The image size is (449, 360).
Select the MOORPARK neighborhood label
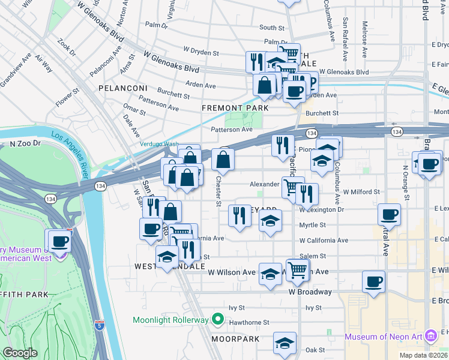pyautogui.click(x=235, y=339)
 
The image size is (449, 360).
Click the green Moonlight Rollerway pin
pyautogui.click(x=219, y=320)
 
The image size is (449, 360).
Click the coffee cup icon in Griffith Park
pyautogui.click(x=59, y=241)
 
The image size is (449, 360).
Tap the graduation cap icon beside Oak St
pyautogui.click(x=285, y=343)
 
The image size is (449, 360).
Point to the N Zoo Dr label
pyautogui.click(x=25, y=144)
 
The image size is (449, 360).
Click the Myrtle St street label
pyautogui.click(x=313, y=226)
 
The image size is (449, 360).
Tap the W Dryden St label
pyautogui.click(x=201, y=53)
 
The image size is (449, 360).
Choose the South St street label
pyautogui.click(x=271, y=28)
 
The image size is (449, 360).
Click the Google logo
pyautogui.click(x=20, y=353)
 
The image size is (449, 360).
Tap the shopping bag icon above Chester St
pyautogui.click(x=223, y=160)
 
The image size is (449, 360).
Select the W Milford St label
pyautogui.click(x=362, y=191)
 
